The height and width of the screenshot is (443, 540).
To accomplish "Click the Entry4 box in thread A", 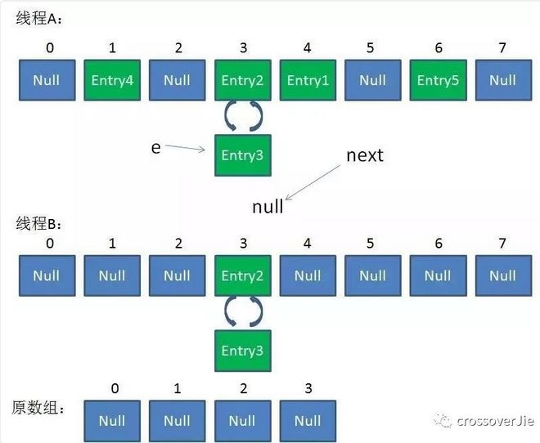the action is pos(112,80).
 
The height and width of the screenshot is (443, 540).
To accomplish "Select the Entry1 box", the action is pos(308,80).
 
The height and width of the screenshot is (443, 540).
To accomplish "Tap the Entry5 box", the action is pos(439,80).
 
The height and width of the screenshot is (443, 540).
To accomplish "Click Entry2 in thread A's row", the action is pos(242,80).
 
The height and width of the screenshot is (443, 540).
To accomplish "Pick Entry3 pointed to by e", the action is pos(242,155).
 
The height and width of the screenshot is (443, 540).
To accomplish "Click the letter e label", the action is pos(155,147).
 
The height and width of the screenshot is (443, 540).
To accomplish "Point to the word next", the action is pos(365,154).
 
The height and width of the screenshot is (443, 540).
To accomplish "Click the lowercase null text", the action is pos(268,207).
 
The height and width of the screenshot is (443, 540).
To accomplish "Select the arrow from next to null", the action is pos(314,181).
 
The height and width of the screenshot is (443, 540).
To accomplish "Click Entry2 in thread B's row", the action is pos(242,276).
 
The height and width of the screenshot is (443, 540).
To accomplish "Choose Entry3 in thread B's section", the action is pos(242,350).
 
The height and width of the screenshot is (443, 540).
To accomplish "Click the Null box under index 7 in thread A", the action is pos(503,80).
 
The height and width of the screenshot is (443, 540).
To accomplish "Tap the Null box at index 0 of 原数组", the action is pos(112,421).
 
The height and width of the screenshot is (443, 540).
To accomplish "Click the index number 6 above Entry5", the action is pos(439,48).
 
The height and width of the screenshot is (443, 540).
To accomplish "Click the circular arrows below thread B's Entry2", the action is pos(242,312).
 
